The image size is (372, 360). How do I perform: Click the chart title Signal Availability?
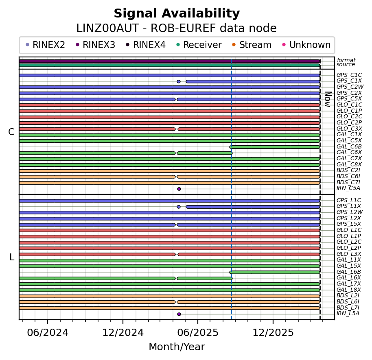[177, 14]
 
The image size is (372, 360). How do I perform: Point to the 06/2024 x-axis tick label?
[48, 333]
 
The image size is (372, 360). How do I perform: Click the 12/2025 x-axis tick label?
[273, 333]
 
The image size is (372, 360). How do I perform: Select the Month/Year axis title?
[177, 347]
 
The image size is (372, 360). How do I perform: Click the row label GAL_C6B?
[349, 146]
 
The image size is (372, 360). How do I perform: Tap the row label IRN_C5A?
[348, 188]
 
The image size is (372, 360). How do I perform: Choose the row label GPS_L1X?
[349, 206]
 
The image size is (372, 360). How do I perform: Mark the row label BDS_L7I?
[348, 308]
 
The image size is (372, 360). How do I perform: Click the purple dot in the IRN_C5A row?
[179, 189]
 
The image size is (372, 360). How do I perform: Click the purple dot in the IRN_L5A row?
[179, 314]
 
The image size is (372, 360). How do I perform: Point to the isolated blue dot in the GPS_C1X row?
[179, 81]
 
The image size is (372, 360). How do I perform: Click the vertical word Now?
[327, 99]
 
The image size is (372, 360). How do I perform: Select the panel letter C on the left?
[11, 132]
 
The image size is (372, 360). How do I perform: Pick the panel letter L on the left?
[11, 257]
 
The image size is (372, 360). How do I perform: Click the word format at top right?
[346, 60]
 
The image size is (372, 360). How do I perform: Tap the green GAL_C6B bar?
[275, 147]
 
